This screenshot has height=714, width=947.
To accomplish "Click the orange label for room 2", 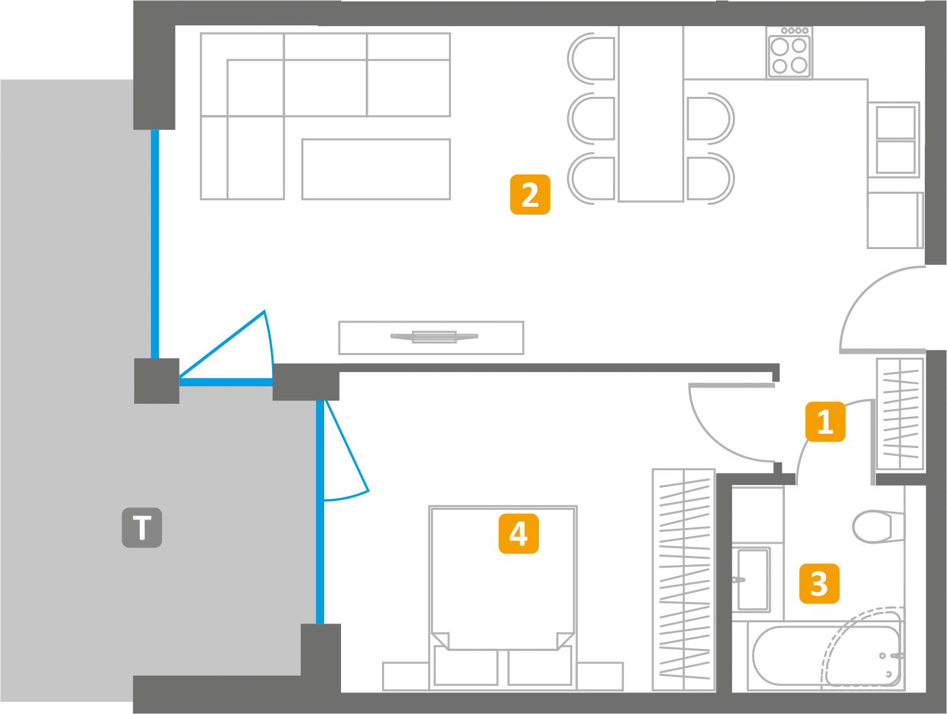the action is (530, 194).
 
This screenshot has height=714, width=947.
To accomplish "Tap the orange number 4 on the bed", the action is (518, 533).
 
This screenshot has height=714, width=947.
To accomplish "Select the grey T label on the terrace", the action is (142, 527).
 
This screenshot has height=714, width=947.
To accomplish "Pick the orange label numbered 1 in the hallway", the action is (825, 421).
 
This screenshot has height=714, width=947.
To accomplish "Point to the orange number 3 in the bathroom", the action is (819, 583).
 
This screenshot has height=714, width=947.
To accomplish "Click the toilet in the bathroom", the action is (879, 527).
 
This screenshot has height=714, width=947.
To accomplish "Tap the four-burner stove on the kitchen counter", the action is (789, 53).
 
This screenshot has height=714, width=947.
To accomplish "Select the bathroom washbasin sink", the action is (751, 579).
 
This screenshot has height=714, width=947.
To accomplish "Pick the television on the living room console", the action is (434, 337).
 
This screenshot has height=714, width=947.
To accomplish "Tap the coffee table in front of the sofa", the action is (376, 169).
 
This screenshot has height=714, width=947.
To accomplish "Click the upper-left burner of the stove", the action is (780, 47).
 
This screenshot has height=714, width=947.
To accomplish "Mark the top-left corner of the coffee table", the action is (302, 139).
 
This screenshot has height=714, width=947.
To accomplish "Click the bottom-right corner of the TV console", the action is (523, 354).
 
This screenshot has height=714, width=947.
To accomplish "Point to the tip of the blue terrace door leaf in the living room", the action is (264, 311).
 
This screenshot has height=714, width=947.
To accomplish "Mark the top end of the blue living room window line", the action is (155, 130).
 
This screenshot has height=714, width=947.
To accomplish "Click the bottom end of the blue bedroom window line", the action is (320, 624).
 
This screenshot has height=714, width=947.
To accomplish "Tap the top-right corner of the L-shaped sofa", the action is (450, 33).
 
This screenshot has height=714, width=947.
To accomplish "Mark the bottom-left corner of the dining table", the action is (619, 201).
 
